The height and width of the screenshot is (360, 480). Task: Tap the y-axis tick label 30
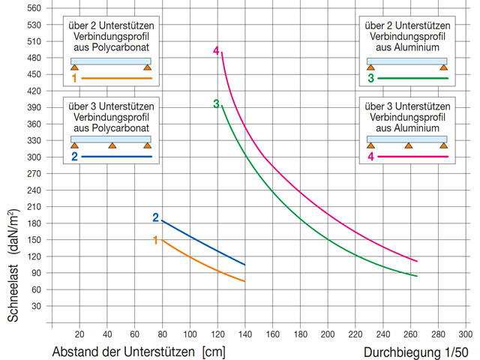pyautogui.click(x=34, y=306)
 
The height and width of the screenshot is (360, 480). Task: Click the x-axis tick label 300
pyautogui.click(x=464, y=335)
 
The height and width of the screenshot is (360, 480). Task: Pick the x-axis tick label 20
pyautogui.click(x=79, y=335)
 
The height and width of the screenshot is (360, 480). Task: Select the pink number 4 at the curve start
pyautogui.click(x=216, y=51)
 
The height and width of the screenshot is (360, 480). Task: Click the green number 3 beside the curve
pyautogui.click(x=216, y=104)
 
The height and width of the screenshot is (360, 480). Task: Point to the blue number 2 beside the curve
pyautogui.click(x=156, y=217)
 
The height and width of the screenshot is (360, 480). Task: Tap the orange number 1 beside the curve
pyautogui.click(x=156, y=240)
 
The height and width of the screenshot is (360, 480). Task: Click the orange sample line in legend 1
pyautogui.click(x=116, y=78)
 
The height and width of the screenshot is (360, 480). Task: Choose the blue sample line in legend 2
pyautogui.click(x=116, y=157)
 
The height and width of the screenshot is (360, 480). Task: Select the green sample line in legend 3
pyautogui.click(x=412, y=78)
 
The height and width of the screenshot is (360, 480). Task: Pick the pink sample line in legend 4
pyautogui.click(x=412, y=157)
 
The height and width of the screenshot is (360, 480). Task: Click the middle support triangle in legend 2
pyautogui.click(x=112, y=145)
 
